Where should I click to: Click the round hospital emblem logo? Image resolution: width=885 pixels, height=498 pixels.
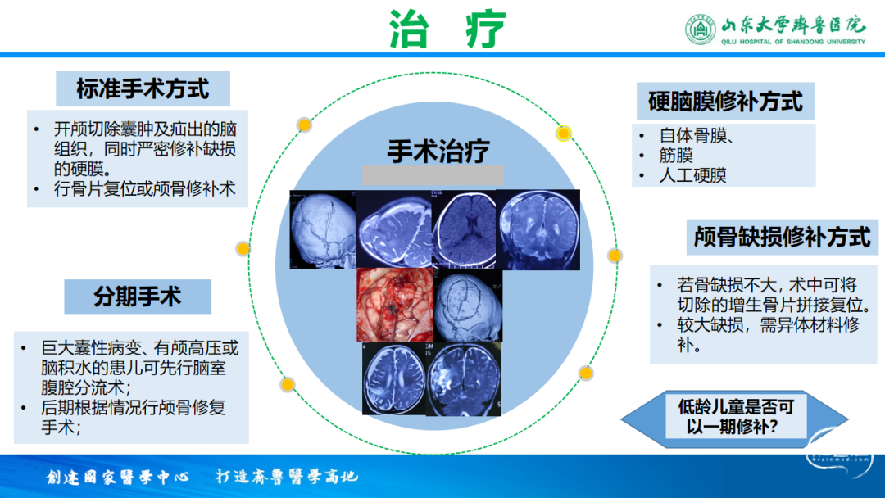(701, 29)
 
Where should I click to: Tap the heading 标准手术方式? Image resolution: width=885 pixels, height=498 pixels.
(143, 89)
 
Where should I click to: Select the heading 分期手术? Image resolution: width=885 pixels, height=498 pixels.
(137, 297)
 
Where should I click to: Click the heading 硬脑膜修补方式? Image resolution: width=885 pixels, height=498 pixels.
(725, 102)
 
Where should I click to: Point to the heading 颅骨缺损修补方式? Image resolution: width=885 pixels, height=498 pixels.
(783, 237)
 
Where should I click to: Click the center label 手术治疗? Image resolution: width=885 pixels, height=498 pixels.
(438, 152)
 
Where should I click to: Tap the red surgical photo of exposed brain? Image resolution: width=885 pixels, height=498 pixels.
(395, 305)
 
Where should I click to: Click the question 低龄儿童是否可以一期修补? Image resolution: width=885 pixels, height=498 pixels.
(735, 416)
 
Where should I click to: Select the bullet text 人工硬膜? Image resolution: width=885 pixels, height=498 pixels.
(692, 175)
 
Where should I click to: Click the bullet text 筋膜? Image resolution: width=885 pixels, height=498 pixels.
(675, 155)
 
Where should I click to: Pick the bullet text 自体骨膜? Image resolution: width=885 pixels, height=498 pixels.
(693, 135)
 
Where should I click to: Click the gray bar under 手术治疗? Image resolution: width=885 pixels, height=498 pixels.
(433, 175)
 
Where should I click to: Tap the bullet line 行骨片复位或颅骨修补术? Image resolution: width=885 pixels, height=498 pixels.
(144, 189)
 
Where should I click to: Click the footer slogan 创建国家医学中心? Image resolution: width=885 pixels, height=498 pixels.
(117, 478)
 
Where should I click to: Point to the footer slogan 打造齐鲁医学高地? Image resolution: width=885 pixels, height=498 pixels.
(287, 477)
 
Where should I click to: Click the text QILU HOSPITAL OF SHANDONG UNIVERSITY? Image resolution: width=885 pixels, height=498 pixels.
(793, 42)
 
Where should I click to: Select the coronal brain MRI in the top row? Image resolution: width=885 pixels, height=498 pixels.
(538, 229)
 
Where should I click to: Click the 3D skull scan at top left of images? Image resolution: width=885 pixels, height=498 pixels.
(323, 229)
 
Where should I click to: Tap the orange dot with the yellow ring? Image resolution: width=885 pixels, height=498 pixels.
(563, 134)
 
